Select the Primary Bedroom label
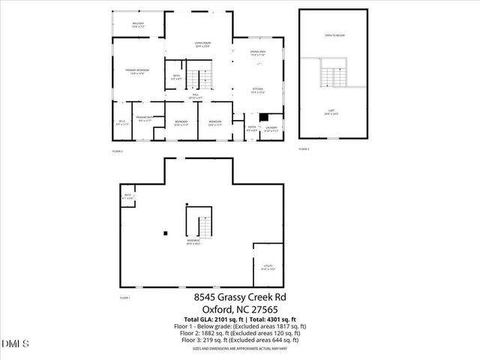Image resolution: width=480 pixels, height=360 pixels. click(139, 71)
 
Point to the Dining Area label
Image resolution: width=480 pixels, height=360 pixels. click(258, 52)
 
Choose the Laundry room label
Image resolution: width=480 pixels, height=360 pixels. click(271, 129)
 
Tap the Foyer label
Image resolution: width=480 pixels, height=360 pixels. click(252, 129)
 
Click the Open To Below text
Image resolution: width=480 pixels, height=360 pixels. click(334, 35)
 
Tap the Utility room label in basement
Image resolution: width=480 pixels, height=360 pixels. click(268, 267)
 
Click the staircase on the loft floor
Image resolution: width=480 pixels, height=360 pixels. click(331, 75)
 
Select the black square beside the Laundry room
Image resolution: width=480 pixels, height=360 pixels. click(263, 117)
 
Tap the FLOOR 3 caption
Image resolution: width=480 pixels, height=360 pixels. click(304, 149)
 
